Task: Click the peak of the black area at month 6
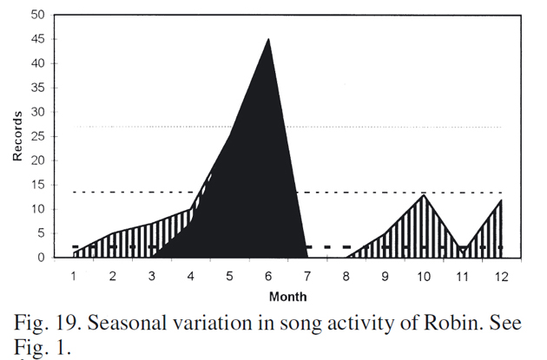click(268, 39)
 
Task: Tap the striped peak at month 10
click(424, 195)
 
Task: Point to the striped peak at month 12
click(501, 200)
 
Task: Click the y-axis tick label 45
click(37, 39)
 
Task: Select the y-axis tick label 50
click(37, 15)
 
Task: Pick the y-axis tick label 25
click(37, 136)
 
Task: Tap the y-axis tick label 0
click(41, 258)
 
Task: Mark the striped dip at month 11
click(462, 249)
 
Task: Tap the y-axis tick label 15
click(37, 185)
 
